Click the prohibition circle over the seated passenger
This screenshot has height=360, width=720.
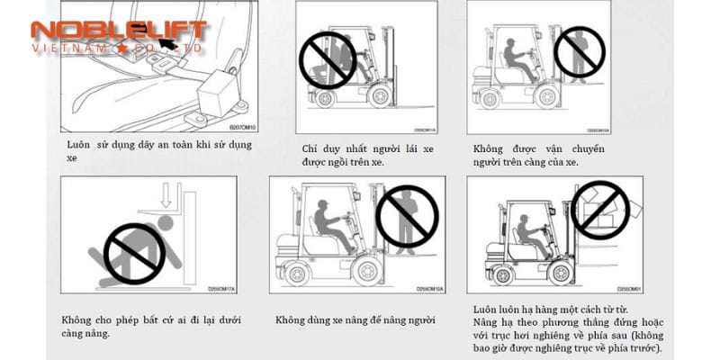coord(327,58)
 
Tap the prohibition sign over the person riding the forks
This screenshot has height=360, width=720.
coord(578,51)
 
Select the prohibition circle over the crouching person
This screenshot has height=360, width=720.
coord(132,248)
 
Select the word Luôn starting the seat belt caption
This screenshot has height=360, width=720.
coord(78,145)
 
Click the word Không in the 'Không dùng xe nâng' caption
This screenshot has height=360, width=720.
coord(292,319)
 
